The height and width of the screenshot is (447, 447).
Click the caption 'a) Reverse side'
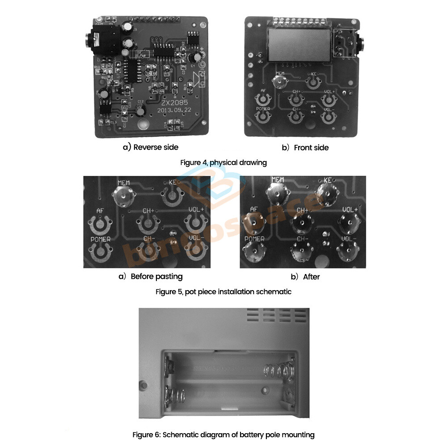pyautogui.click(x=151, y=147)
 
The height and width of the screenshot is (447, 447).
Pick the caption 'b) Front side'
pyautogui.click(x=305, y=148)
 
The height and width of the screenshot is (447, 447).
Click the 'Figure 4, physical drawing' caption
pyautogui.click(x=223, y=162)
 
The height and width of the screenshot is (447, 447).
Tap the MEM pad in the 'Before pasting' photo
pyautogui.click(x=123, y=195)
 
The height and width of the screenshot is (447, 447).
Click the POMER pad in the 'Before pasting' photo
pyautogui.click(x=101, y=253)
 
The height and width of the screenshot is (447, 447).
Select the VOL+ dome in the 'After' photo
pyautogui.click(x=349, y=222)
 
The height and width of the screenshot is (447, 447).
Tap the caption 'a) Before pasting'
pyautogui.click(x=150, y=276)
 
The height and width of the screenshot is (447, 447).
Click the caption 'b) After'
pyautogui.click(x=305, y=277)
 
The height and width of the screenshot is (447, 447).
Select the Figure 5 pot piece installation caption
pyautogui.click(x=223, y=291)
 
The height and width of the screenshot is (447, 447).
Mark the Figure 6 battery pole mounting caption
pyautogui.click(x=223, y=434)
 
